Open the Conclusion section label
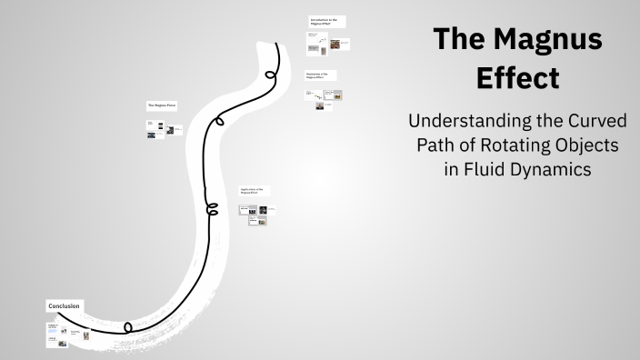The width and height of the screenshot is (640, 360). pos(65,306)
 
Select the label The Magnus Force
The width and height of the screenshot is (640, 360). pos(161,105)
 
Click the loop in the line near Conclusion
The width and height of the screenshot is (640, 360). pos(128,326)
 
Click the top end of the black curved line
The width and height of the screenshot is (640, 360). pos(277,42)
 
